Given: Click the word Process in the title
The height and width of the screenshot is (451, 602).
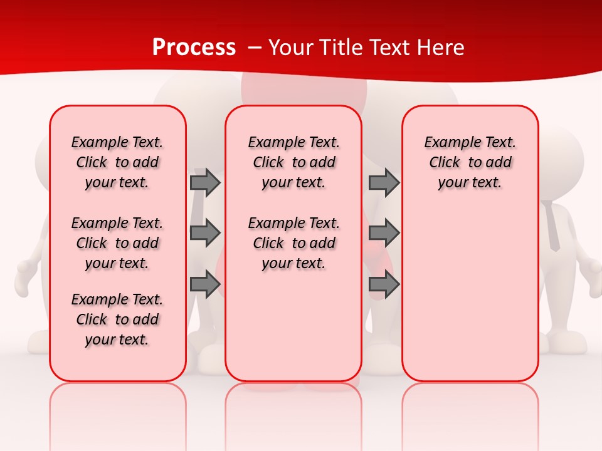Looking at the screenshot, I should point(194,48).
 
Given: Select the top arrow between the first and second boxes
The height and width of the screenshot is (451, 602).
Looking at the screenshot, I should point(205,182).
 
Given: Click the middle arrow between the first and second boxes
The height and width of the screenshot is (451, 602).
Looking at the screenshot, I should point(205,233).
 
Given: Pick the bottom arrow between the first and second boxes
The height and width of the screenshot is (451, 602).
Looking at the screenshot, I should point(205,284).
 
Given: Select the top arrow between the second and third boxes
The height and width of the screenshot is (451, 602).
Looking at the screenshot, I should point(384,182).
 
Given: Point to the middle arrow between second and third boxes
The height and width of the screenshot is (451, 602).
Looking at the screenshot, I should point(384,233).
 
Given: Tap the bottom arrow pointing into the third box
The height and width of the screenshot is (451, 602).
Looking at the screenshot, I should point(384,284).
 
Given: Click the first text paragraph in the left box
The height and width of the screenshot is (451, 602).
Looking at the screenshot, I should point(117,162).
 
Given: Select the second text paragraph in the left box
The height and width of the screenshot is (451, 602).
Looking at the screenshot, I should point(117,243).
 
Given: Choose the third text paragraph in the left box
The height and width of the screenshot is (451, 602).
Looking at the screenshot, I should point(117,319).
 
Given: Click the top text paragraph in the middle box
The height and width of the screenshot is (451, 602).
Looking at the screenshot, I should point(293,162).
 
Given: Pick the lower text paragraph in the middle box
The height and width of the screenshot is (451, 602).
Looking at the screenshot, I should point(293,243).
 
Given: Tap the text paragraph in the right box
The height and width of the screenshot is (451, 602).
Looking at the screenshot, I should point(470,162).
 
